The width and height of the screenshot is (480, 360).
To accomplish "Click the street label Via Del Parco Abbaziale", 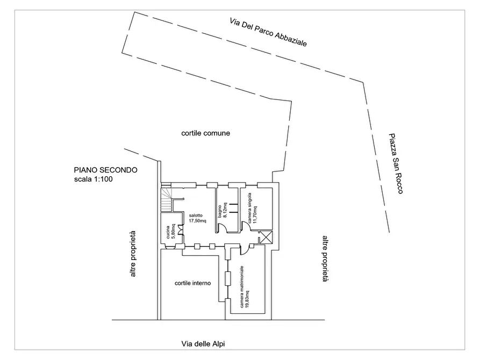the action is coord(268,32).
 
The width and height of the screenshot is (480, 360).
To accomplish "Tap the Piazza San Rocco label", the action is coord(396,163).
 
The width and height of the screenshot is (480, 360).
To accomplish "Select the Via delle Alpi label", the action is coord(203,344).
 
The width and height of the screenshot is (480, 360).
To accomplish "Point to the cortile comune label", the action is coord(205,133).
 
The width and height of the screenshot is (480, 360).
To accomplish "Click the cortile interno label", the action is coord(192,283).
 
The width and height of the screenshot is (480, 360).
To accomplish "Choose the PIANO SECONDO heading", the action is coord(105,170).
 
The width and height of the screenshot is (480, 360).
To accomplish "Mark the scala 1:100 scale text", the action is coord(94,179).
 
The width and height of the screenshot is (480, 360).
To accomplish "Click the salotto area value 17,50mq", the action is coord(197,221).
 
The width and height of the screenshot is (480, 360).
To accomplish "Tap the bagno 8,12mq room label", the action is coord(222,210).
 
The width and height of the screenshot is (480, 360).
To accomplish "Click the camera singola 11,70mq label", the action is coord(252,208).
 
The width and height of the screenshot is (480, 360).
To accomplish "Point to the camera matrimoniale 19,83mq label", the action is coord(244,286).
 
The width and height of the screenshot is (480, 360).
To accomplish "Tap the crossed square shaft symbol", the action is coord(266,237).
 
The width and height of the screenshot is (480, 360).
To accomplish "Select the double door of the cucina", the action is coord(180,230).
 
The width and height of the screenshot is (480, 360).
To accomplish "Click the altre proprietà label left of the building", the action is coord(133,254).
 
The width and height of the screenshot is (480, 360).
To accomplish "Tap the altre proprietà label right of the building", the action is coord(325,258).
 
